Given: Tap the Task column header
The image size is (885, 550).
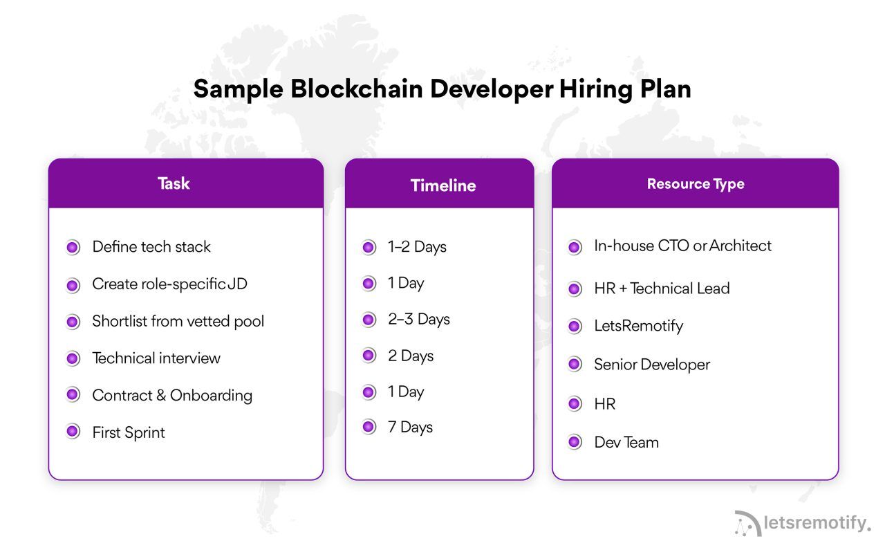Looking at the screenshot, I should point(174,183).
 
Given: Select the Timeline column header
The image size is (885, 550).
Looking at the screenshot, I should point(443,185).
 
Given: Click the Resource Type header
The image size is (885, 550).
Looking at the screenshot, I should point(696,184).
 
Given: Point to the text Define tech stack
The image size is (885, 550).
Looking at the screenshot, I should point(151,247).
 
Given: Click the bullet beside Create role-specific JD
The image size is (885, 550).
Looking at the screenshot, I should point(73,284).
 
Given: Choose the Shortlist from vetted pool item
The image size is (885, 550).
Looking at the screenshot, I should point(178,321).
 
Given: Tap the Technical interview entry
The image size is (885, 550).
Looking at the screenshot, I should point(156,358).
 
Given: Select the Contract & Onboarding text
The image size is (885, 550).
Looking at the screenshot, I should point(172,396).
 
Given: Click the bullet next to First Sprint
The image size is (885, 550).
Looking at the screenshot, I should point(73,432).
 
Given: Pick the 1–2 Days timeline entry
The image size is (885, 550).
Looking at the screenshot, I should point(417,247).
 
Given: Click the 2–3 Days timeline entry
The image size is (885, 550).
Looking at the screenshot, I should point(418,320).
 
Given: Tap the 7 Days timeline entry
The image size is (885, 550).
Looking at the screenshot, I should point(410,427).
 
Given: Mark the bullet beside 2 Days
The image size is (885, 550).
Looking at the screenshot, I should point(369,356).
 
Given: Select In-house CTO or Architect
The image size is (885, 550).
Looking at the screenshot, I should point(682,246).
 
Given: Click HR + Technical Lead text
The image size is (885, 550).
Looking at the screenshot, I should point(662,288).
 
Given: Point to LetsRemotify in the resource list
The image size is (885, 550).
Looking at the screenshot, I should point(638,326).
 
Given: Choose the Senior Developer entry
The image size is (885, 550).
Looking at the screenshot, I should point(652,365).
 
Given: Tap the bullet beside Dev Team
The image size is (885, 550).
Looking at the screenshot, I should point(575,442).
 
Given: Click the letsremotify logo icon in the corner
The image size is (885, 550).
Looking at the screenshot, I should point(747,524).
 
